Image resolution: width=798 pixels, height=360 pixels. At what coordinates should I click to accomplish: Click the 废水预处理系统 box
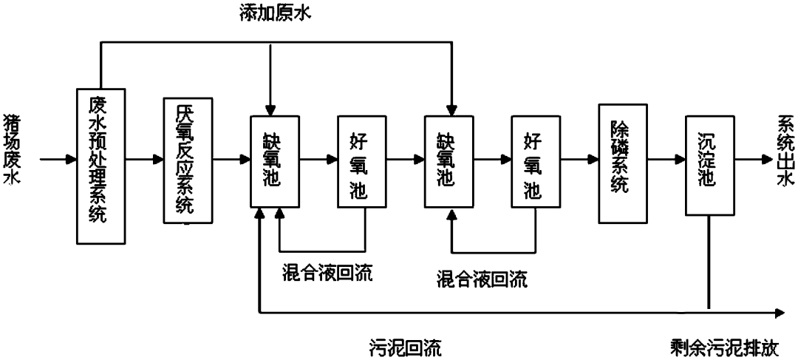coord(101,166)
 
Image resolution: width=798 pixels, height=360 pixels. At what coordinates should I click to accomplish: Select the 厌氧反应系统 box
coord(188,159)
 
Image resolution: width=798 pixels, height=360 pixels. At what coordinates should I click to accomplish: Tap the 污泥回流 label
coord(406,346)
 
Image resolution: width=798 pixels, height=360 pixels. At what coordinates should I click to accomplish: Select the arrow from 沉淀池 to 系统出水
coord(747,158)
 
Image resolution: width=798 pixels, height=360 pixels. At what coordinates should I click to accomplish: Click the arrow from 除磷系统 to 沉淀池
coord(666,158)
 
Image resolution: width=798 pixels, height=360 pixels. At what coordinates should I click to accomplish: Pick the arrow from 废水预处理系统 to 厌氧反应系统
coord(144,158)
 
